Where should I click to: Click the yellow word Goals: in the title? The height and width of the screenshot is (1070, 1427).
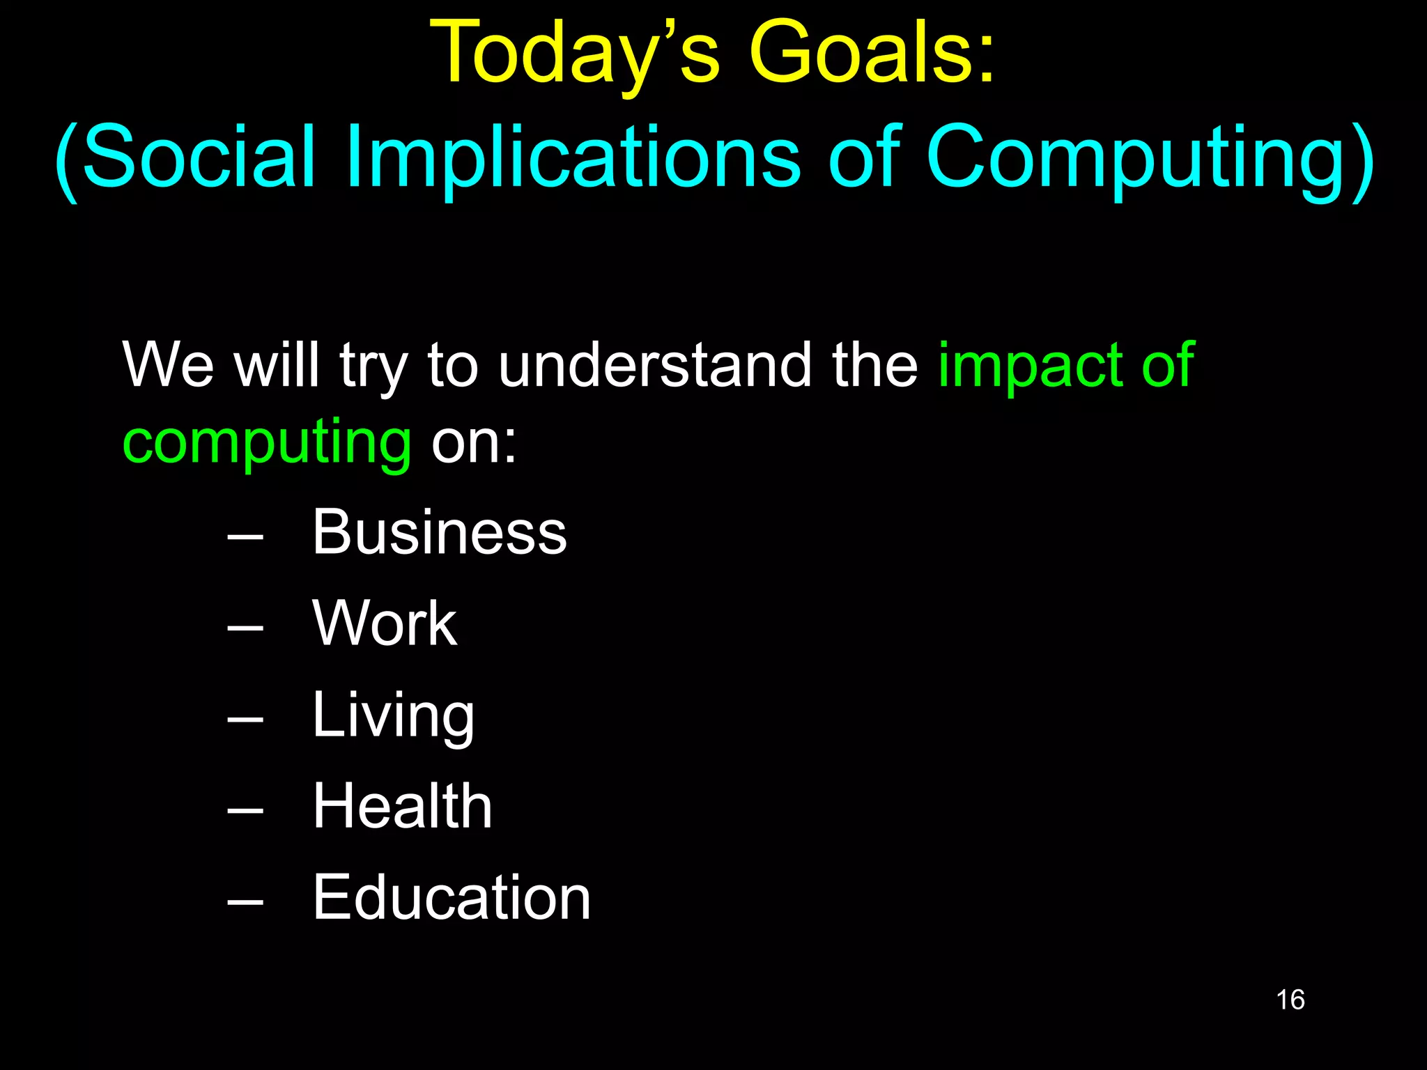[871, 54]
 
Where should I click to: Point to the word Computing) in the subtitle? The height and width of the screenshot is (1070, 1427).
[1150, 159]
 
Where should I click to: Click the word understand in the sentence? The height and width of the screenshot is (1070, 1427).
[655, 365]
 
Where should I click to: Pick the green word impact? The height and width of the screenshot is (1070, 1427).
[1031, 366]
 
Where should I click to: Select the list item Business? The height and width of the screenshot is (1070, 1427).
[439, 532]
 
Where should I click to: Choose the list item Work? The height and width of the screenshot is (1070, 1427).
[385, 623]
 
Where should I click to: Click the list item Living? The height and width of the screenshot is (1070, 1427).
[393, 716]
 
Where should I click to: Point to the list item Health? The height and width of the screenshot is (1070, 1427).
[402, 806]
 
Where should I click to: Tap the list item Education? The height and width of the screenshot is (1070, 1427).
[452, 897]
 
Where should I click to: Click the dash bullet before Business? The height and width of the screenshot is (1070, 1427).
[245, 537]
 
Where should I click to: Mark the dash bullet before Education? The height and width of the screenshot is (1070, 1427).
[245, 903]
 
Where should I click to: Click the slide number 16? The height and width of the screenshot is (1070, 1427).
[1290, 1000]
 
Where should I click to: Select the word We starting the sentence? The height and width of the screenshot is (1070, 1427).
[168, 365]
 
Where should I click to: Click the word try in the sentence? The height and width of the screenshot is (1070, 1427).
[373, 366]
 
